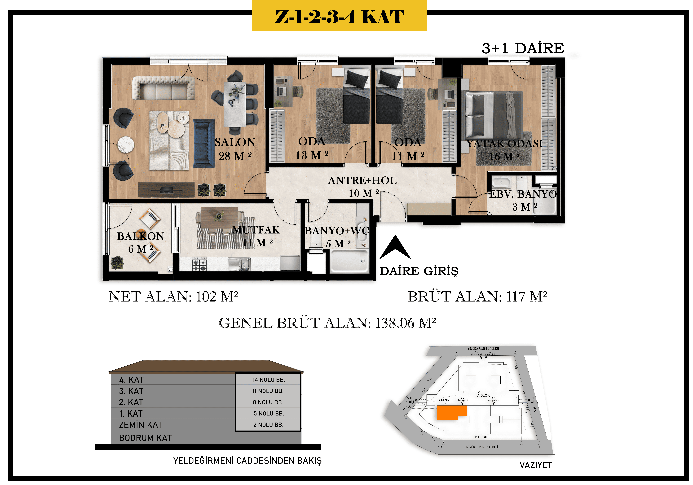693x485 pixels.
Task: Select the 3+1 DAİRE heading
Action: click(x=523, y=48)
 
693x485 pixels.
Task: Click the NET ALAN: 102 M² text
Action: click(x=173, y=297)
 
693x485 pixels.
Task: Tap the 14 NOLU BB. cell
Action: click(x=268, y=380)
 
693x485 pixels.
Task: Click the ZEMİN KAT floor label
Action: click(x=141, y=425)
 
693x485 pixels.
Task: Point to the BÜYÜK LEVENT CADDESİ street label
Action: click(x=482, y=447)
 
